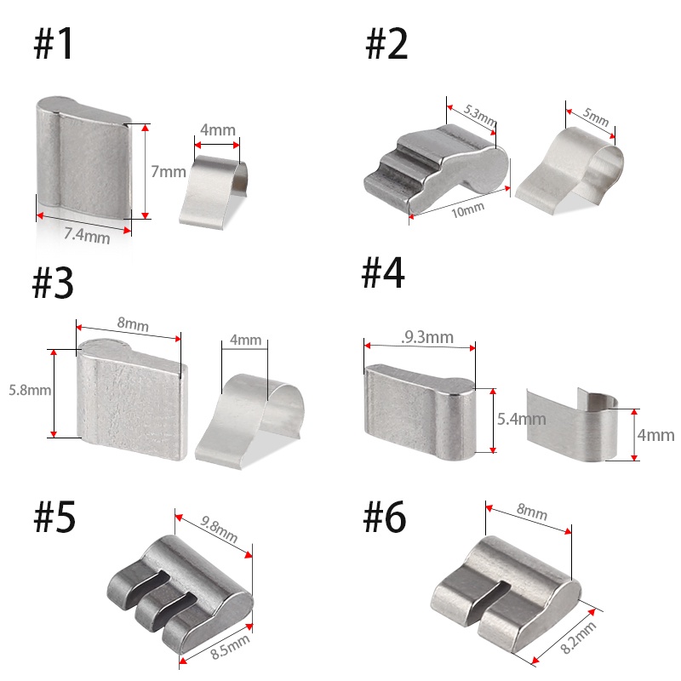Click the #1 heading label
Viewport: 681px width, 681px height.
(53, 43)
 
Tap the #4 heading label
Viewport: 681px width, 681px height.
(382, 272)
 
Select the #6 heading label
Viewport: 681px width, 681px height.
(385, 517)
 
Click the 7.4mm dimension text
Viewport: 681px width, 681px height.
(87, 236)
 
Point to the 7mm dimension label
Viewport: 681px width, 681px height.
(169, 172)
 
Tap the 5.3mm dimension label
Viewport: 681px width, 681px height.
(479, 115)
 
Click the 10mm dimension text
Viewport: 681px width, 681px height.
(467, 210)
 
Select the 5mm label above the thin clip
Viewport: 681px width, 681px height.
(596, 117)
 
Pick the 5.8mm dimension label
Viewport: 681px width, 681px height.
(30, 390)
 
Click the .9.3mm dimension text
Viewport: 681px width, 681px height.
(427, 337)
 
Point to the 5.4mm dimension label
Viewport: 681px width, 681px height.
(522, 419)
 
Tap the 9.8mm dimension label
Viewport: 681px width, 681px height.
(220, 529)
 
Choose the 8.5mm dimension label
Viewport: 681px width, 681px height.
(230, 647)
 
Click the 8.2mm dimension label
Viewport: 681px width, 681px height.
(578, 638)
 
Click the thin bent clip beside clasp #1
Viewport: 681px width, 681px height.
(215, 192)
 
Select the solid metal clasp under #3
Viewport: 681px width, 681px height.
(132, 399)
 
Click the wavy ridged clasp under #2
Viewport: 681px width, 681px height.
(436, 169)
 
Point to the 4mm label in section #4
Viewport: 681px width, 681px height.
(655, 435)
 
